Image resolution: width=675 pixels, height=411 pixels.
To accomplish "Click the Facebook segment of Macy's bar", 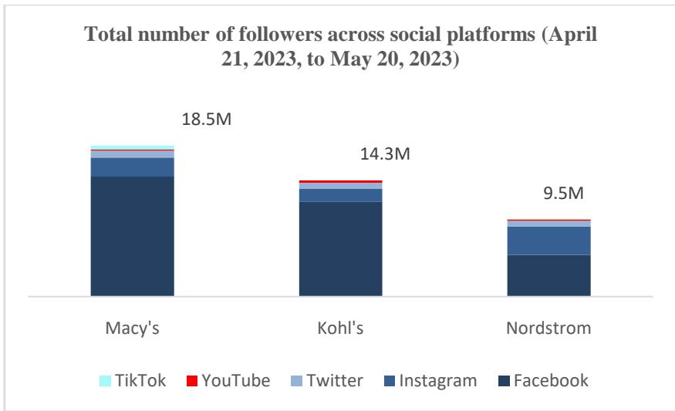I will tap(132, 236).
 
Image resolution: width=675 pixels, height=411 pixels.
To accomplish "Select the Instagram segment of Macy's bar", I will tap(132, 167).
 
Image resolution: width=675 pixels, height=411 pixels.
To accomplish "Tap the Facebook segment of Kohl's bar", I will tap(340, 248).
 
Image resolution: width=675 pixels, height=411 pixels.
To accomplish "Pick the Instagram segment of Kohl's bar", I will tap(340, 195).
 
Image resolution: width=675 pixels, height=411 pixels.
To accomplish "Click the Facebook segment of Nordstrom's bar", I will tap(548, 275).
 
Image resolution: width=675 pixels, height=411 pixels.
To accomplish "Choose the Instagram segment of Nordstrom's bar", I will tap(548, 241).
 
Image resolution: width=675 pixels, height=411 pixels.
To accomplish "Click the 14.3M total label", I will tap(384, 153).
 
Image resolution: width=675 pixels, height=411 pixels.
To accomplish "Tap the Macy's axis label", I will tap(132, 327).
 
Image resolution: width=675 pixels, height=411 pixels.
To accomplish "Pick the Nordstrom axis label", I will tap(548, 327).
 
